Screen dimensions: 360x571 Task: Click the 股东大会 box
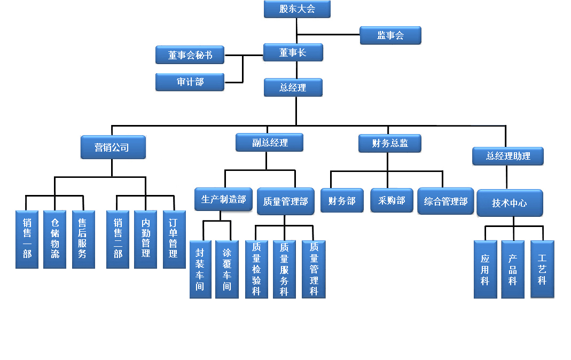click(297, 9)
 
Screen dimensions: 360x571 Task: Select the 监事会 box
click(390, 36)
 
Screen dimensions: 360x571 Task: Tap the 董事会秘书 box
click(190, 54)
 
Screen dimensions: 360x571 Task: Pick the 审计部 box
click(190, 82)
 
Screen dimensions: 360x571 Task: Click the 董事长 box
click(293, 53)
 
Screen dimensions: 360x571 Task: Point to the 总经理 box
click(293, 88)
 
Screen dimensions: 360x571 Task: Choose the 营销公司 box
click(113, 147)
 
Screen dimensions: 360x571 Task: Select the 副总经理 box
click(270, 143)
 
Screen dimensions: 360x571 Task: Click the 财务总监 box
click(390, 143)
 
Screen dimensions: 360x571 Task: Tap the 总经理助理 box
click(508, 156)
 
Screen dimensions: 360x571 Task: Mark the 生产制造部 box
click(223, 200)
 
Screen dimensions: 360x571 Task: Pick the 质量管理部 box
click(285, 201)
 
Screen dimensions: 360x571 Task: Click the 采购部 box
click(392, 201)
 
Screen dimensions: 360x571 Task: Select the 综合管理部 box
click(445, 201)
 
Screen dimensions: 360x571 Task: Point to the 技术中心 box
click(510, 203)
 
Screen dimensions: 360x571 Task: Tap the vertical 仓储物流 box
click(54, 239)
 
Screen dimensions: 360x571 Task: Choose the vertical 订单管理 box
click(174, 239)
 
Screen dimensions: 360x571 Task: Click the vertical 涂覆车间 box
click(227, 269)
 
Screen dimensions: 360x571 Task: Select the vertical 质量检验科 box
click(256, 269)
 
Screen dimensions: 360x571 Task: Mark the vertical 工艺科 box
click(542, 269)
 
